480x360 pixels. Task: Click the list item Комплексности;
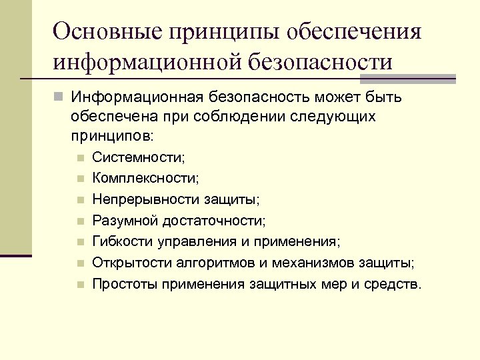[x=145, y=179]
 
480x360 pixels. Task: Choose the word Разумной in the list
[x=122, y=220]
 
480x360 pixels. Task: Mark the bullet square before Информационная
[x=59, y=97]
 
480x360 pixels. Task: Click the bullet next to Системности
[x=79, y=159]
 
